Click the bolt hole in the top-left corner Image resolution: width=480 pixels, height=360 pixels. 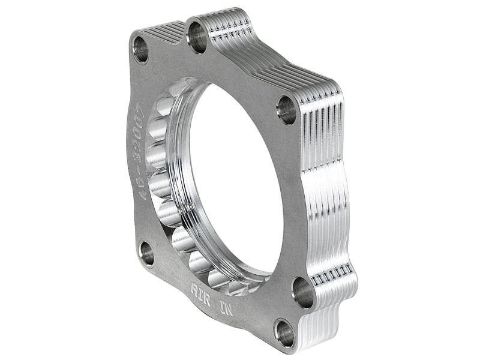(141, 49)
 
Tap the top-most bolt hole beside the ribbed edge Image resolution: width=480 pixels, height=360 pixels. (198, 37)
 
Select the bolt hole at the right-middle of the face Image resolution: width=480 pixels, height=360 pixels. (286, 110)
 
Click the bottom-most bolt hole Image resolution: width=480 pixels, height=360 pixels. (283, 331)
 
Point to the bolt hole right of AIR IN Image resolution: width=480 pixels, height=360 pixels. (303, 292)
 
